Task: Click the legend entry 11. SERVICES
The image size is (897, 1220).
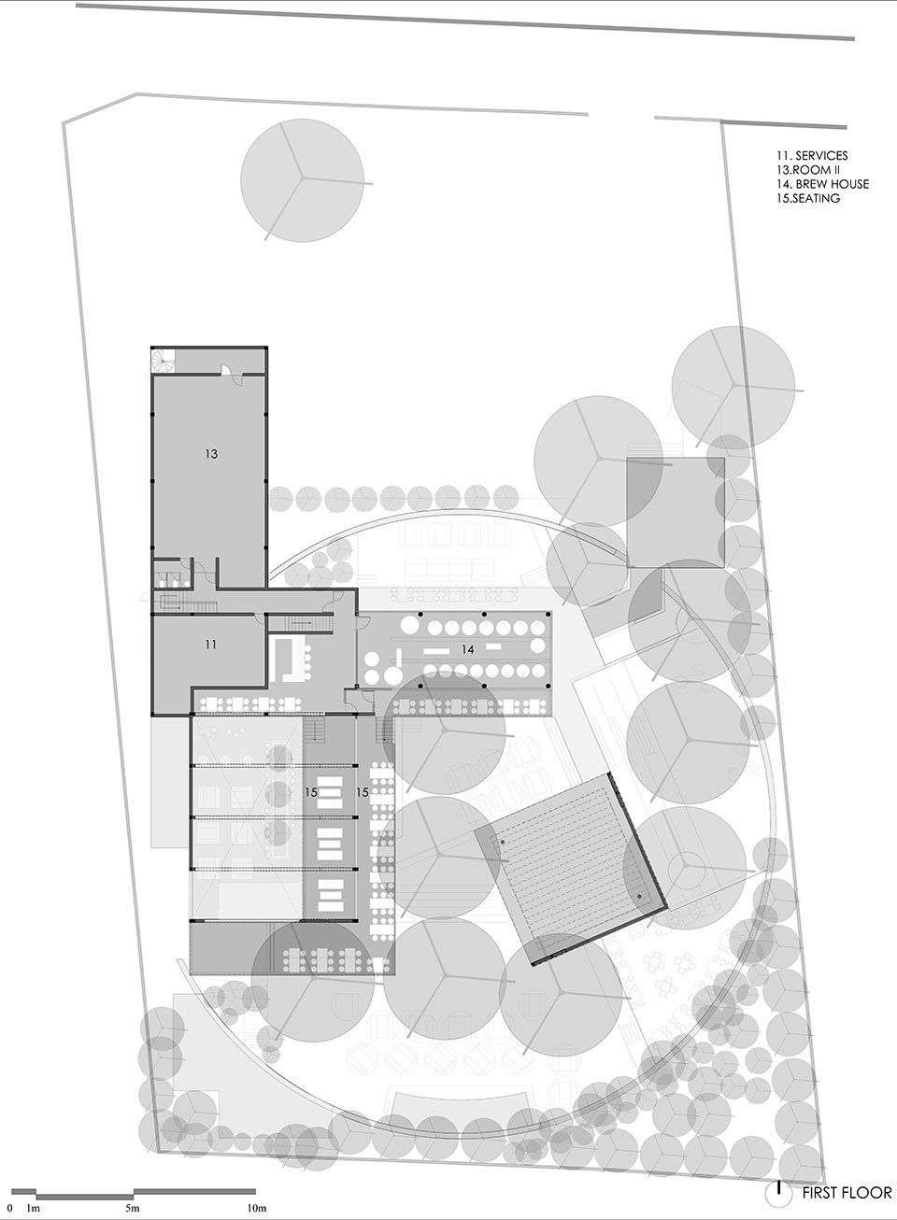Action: [812, 156]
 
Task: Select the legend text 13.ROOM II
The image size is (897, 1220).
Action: [807, 170]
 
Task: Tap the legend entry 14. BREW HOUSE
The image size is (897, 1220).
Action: [822, 184]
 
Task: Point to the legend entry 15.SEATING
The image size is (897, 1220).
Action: [808, 198]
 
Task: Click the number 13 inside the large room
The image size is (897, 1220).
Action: [211, 453]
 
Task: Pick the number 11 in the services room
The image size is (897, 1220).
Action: [211, 645]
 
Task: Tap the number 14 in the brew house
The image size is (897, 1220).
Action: [467, 649]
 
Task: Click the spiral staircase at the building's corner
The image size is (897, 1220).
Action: [163, 362]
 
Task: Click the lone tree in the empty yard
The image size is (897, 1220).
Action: [302, 180]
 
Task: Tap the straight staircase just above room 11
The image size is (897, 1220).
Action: [188, 603]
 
